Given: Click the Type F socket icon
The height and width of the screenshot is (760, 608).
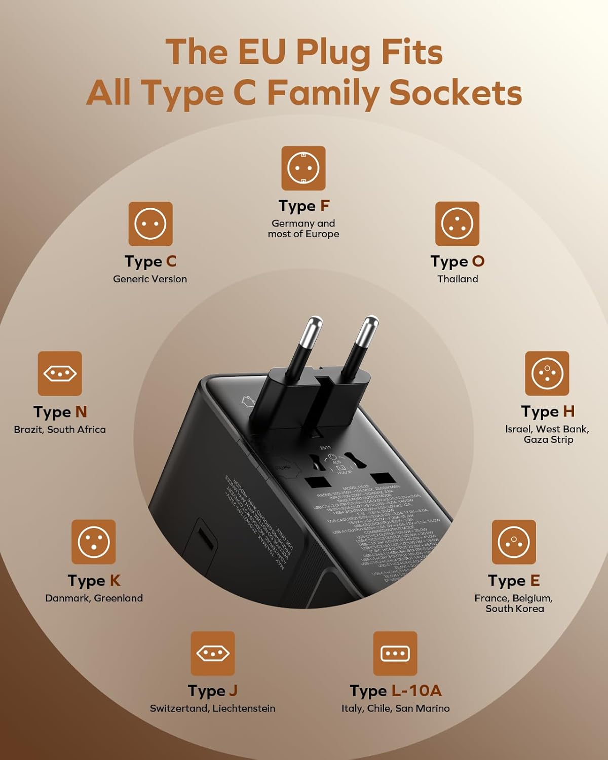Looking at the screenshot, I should coord(303,168).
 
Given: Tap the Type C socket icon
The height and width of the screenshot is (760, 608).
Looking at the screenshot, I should coord(150,223).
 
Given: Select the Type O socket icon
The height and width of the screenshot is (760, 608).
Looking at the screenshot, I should coord(457,223).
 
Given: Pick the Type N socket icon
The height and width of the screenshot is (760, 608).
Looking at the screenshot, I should coord(60,373).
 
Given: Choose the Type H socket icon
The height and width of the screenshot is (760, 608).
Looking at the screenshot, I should coord(547,373).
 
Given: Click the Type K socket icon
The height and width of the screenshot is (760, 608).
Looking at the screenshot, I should coord(94,542).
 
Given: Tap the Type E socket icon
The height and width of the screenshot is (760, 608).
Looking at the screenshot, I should coord(514,542).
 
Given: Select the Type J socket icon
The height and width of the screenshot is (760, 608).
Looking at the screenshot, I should coord(213,653).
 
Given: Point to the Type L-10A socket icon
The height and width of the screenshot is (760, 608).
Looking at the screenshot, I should coord(395,653).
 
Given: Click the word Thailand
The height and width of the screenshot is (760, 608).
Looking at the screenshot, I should coord(458,279).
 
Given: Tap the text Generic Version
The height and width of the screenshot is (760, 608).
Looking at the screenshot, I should coord(150,279).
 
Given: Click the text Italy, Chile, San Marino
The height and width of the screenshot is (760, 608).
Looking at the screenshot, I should coord(395,708).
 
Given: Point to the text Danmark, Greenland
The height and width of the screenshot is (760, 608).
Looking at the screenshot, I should coord(94,598).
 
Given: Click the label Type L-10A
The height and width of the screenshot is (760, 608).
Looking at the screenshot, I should coord(395,691).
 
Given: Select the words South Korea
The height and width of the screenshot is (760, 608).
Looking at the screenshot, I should coord(515,609).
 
